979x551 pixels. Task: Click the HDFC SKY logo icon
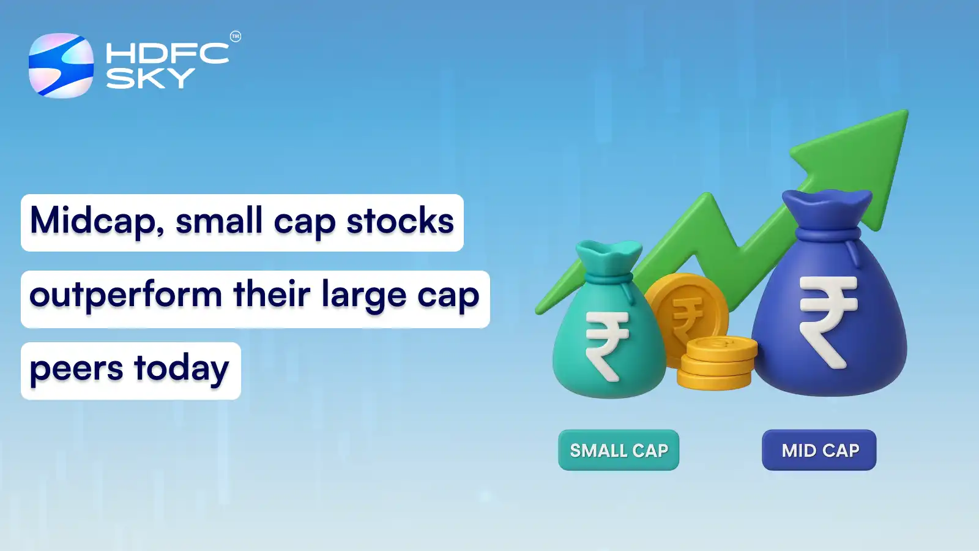point(61,66)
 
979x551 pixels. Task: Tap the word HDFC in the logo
point(167,53)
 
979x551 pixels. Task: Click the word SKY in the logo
point(150,78)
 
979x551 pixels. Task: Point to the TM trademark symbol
point(236,37)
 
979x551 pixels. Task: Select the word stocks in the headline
point(400,221)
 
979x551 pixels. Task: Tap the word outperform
point(126,295)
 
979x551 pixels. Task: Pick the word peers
point(76,369)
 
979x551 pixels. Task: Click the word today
point(182,369)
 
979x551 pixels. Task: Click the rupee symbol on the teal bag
point(606,345)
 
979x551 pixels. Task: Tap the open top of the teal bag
point(608,251)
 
